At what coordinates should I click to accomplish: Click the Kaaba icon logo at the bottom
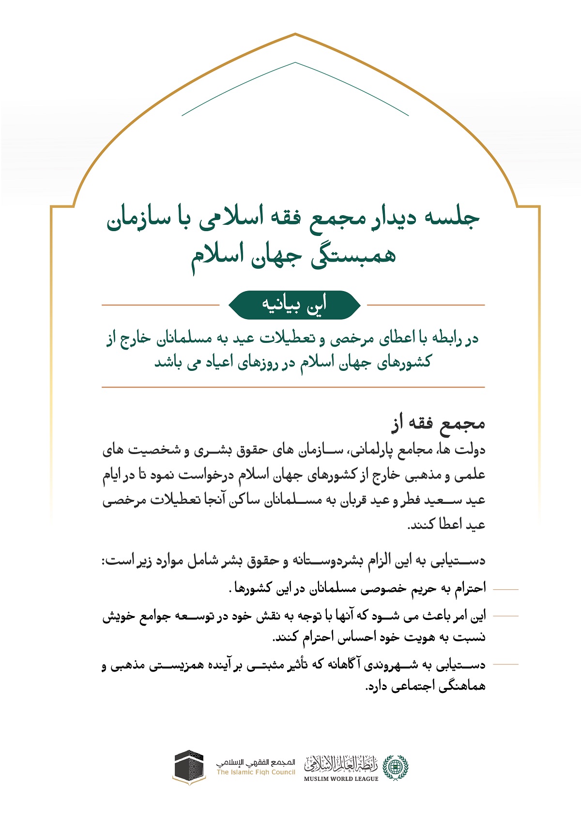pos(189,767)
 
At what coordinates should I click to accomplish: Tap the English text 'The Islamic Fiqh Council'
pos(256,772)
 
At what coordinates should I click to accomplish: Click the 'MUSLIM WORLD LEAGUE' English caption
pos(341,779)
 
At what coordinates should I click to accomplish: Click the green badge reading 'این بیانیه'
pos(294,305)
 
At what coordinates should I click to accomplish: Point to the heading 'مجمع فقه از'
pos(438,424)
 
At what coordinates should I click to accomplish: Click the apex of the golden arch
pos(295,34)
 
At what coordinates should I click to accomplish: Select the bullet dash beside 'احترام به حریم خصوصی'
pos(505,589)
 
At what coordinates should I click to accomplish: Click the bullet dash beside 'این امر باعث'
pos(505,616)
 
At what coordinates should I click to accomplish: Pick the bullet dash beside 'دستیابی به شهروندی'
pos(505,664)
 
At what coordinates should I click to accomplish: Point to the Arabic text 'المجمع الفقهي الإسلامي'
pos(255,762)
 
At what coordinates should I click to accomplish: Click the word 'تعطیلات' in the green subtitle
pos(284,339)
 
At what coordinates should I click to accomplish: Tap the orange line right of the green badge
pos(426,305)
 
